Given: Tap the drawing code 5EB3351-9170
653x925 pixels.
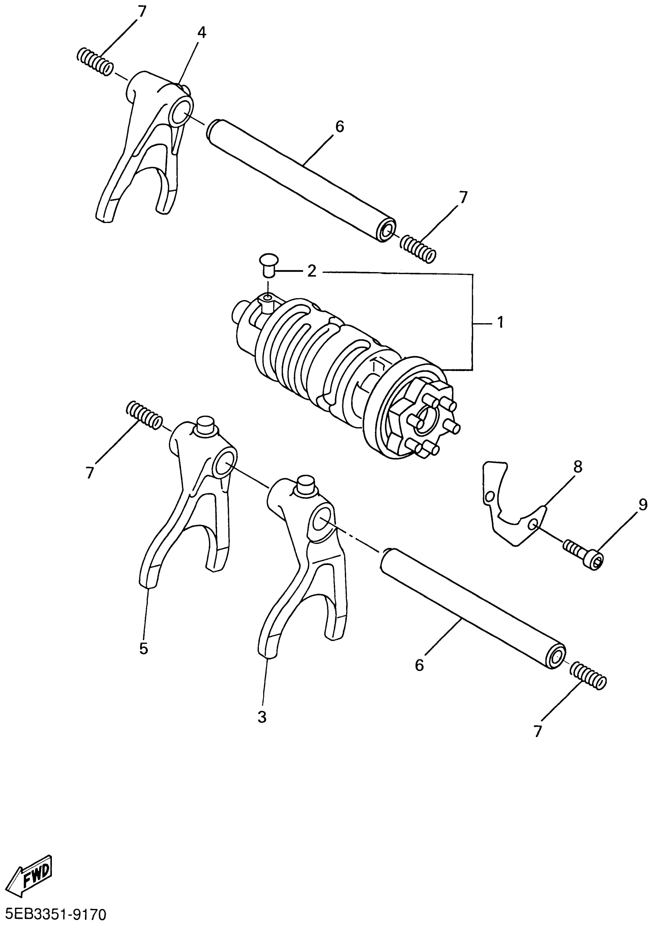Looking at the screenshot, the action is (53, 913).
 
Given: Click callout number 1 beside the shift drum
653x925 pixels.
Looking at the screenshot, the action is (500, 322).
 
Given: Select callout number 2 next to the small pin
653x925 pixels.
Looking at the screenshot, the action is (312, 271).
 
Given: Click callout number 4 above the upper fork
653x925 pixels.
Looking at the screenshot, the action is (202, 33).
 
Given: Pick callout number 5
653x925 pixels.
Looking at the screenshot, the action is (144, 648).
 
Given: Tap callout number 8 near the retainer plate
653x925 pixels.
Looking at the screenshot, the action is (578, 467).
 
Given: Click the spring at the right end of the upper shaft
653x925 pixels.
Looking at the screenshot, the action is (418, 249).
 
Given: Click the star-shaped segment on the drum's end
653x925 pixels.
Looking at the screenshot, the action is (423, 419).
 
